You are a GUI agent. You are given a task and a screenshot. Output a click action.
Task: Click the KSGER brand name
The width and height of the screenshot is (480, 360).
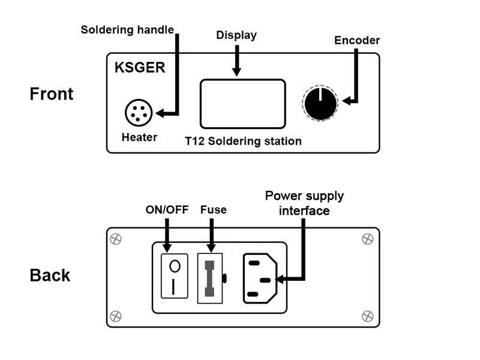pyautogui.click(x=140, y=67)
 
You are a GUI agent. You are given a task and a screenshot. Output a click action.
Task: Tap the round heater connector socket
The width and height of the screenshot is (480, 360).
pyautogui.click(x=139, y=112)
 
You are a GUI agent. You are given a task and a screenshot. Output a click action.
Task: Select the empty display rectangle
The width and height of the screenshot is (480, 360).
pyautogui.click(x=242, y=104)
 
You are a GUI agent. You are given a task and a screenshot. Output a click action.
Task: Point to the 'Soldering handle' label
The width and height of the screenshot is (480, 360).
pyautogui.click(x=127, y=29)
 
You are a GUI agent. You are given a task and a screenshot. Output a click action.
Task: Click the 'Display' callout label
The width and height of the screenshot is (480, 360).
pyautogui.click(x=236, y=35)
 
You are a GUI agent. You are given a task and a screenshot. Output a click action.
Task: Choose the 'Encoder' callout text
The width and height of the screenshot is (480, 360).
pyautogui.click(x=358, y=40)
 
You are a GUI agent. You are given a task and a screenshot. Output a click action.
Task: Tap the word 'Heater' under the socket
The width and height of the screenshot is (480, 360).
pyautogui.click(x=139, y=137)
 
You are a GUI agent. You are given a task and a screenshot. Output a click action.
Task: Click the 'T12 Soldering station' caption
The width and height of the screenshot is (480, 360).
pyautogui.click(x=243, y=142)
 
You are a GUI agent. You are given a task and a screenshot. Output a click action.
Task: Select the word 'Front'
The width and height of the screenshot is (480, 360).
pyautogui.click(x=52, y=94)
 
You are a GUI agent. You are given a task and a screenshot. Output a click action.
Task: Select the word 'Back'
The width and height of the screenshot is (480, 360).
pyautogui.click(x=50, y=275)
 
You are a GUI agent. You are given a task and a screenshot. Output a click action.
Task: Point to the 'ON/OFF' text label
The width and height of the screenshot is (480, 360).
pyautogui.click(x=167, y=211)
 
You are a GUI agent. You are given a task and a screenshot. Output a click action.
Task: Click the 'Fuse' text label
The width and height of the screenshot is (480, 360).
pyautogui.click(x=213, y=211)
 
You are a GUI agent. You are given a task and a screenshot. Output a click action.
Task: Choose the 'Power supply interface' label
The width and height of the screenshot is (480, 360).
pyautogui.click(x=305, y=203)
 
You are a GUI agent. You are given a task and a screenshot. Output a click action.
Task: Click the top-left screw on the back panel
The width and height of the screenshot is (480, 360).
pyautogui.click(x=116, y=239)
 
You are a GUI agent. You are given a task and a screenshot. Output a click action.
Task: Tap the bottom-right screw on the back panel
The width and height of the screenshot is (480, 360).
pyautogui.click(x=368, y=315)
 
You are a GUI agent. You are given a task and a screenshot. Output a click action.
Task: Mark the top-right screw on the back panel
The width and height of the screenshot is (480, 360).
pyautogui.click(x=368, y=239)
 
